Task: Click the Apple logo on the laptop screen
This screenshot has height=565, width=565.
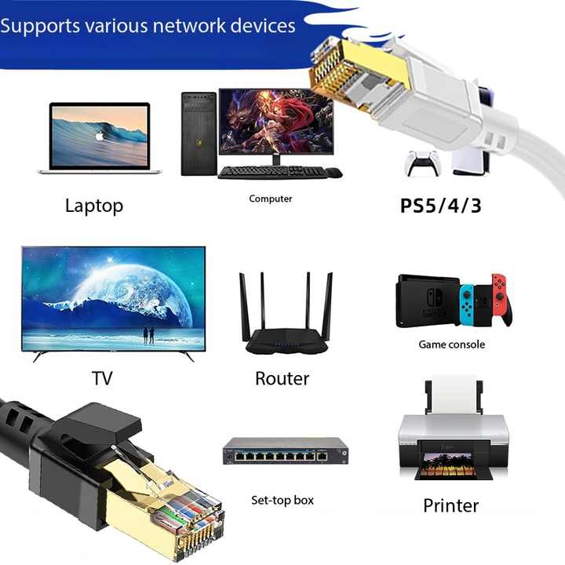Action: click(100, 137)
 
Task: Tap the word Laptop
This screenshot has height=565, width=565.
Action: click(94, 206)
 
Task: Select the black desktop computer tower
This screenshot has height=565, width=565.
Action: click(199, 133)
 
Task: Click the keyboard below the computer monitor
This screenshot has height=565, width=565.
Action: click(272, 172)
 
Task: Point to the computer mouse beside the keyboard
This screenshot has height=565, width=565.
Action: click(334, 173)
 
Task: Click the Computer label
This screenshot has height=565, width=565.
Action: click(271, 199)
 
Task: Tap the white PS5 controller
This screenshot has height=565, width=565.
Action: click(422, 162)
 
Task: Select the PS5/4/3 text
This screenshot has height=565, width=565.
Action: click(441, 206)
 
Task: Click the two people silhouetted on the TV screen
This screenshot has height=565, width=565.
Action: click(148, 335)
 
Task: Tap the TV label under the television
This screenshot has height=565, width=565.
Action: click(102, 378)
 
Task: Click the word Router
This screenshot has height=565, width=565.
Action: click(282, 379)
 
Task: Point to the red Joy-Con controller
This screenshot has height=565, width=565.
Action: click(501, 298)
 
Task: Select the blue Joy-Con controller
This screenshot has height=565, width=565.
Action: click(467, 304)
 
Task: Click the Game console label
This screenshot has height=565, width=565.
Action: click(451, 344)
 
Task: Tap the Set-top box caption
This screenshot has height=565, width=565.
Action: click(282, 500)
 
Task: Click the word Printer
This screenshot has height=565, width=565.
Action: click(450, 505)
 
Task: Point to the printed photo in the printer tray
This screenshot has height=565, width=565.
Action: click(447, 465)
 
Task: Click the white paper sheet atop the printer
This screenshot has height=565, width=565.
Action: click(454, 394)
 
